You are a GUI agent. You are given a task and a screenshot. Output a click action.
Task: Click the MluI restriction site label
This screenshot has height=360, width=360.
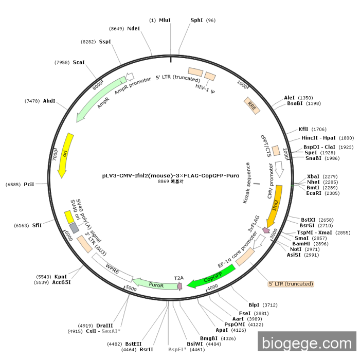165,20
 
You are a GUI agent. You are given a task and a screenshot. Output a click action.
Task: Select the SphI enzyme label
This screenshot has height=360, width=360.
196,20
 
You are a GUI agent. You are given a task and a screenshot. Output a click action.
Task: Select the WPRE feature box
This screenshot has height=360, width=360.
112,267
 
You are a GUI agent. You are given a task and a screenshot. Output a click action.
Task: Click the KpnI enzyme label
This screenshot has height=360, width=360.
61,277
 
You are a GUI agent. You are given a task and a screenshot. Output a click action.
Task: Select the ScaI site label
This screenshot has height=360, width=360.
78,62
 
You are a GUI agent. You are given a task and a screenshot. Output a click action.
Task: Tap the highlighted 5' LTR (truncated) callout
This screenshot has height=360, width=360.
291,283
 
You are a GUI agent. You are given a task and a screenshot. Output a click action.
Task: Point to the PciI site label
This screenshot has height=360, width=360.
29,184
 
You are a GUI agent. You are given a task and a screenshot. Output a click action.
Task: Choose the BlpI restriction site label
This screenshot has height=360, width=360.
254,304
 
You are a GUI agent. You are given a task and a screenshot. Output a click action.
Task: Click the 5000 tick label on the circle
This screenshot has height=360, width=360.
131,289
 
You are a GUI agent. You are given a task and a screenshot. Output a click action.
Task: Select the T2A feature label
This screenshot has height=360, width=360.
178,278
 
